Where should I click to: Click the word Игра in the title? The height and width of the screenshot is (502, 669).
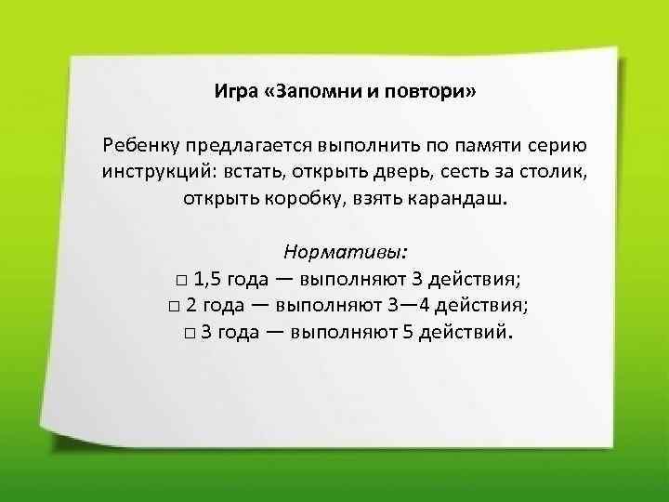pyautogui.click(x=232, y=93)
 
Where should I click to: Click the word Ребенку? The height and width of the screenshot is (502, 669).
pyautogui.click(x=143, y=146)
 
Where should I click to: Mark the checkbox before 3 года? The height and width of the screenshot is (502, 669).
pyautogui.click(x=189, y=333)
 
